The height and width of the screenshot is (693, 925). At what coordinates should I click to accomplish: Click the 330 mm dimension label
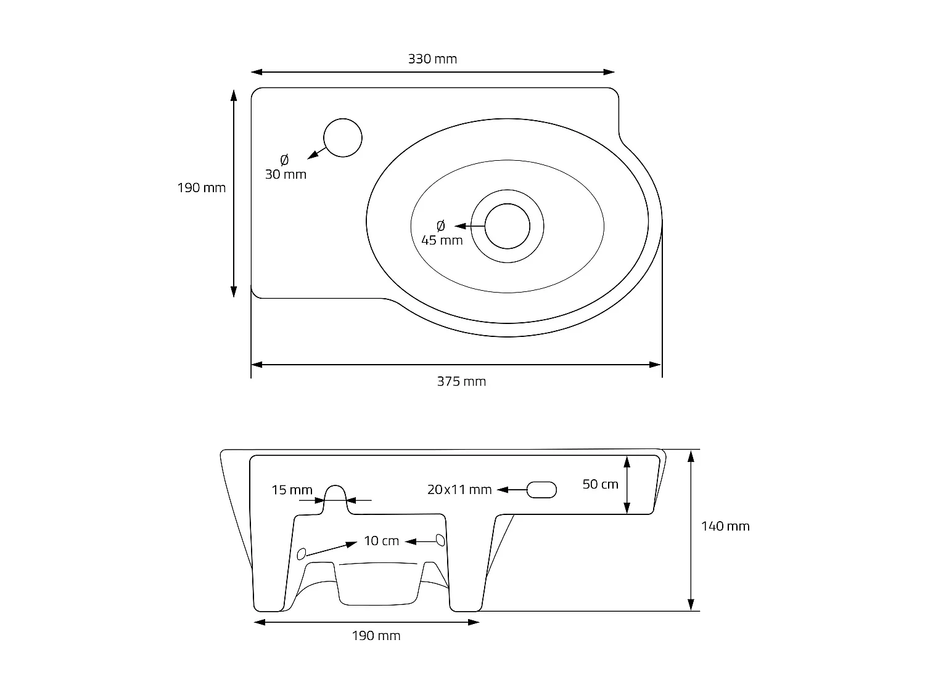pos(432,59)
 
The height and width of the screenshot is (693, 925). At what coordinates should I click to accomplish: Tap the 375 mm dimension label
pos(461,381)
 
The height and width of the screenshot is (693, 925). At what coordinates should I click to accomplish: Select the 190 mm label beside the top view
pos(202,188)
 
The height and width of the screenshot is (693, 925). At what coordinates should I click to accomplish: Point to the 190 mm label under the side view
pos(376,636)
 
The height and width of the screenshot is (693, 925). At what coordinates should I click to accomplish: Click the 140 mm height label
pos(725,526)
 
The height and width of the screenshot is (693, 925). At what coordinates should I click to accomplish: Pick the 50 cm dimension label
pos(600,484)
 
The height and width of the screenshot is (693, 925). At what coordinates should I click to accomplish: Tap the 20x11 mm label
pos(459,490)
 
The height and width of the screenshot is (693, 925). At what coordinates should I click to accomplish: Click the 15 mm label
pos(292,490)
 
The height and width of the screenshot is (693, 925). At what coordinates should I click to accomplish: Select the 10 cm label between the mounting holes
pos(381,541)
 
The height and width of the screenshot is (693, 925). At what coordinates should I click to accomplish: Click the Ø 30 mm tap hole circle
pos(343,137)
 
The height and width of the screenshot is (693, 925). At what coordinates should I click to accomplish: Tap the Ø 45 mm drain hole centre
pos(508,226)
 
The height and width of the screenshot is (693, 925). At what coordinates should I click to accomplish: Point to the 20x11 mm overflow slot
pos(541,490)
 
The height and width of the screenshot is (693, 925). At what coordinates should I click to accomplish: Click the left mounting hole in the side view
pos(302,553)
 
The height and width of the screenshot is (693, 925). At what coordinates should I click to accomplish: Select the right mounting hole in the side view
pos(440,540)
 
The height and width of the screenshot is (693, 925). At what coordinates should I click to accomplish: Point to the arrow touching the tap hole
pos(317,153)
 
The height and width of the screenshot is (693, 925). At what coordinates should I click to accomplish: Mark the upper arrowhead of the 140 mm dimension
pos(691,456)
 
